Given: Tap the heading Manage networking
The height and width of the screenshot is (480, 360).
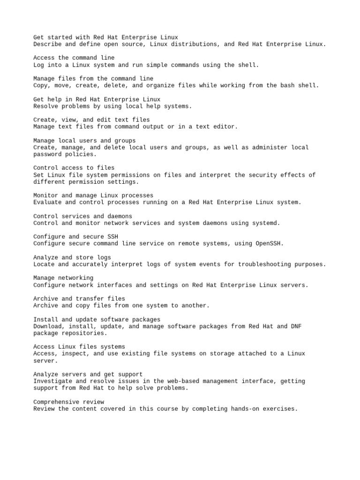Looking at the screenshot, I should click(x=63, y=278).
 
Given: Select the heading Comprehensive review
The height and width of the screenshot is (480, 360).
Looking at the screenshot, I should click(x=68, y=402).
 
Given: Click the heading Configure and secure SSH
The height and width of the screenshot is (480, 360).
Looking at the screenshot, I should click(x=75, y=237).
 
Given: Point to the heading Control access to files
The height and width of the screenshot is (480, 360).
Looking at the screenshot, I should click(x=74, y=168).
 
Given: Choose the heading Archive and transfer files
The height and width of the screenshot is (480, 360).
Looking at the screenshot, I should click(x=79, y=299).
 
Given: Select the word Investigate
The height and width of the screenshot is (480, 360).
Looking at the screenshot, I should click(x=52, y=381).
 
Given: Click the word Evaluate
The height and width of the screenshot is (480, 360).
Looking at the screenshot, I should click(x=47, y=202).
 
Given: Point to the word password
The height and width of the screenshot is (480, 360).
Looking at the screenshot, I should click(x=47, y=154).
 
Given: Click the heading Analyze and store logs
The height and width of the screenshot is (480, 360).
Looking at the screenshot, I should click(x=72, y=257).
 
